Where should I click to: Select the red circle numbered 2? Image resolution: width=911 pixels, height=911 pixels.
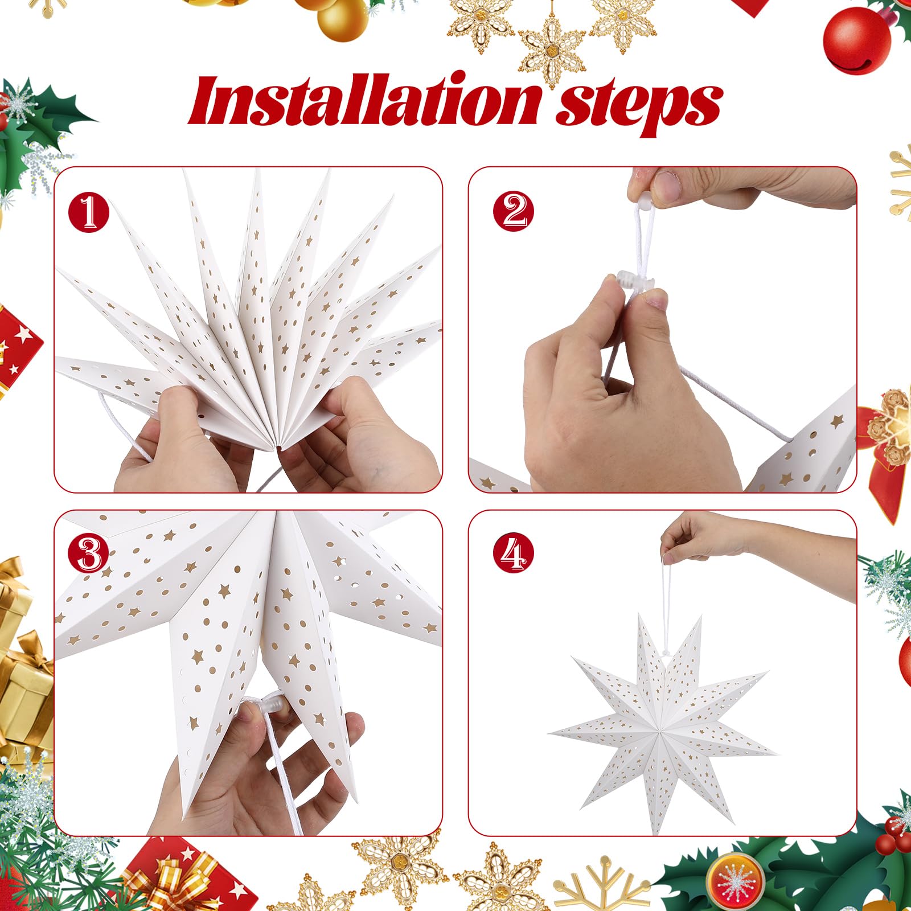point(514,211)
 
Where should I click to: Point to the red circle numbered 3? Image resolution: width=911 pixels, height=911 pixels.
point(88,552)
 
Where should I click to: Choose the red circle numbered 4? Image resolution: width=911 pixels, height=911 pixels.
point(514,552)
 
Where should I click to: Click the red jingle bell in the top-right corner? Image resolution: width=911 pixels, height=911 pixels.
point(857,40)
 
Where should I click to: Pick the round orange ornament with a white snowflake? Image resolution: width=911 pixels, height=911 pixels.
point(735,881)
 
